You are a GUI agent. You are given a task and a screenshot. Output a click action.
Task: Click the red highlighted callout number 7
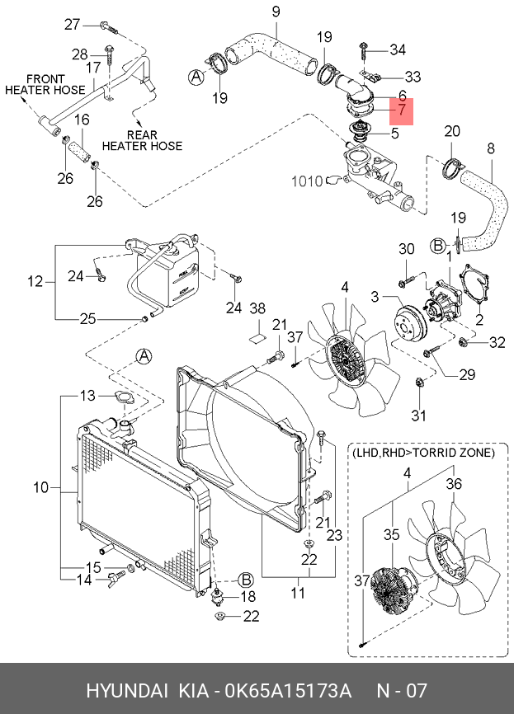(402, 110)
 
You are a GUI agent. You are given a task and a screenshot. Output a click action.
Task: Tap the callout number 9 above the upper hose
(276, 12)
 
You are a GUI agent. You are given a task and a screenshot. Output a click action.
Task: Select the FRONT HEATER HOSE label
(45, 84)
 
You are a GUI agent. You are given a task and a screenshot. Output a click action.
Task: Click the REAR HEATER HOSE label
(142, 140)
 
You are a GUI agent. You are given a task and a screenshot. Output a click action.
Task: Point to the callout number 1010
(307, 181)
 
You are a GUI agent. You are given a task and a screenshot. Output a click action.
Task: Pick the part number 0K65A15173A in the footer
(289, 691)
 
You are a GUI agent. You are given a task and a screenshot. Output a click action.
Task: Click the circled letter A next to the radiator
(144, 356)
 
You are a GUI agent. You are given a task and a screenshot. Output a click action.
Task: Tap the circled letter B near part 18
(246, 580)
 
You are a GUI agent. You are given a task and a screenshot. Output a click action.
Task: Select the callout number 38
(257, 308)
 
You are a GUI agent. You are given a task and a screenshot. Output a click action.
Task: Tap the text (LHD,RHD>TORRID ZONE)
(423, 453)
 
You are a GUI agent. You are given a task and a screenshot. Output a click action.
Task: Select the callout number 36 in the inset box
(454, 484)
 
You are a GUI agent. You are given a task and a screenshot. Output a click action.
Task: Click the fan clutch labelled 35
(390, 590)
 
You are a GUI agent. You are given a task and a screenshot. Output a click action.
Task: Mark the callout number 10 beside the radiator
(40, 488)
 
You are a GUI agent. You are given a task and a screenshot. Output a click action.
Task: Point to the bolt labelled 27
(108, 27)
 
